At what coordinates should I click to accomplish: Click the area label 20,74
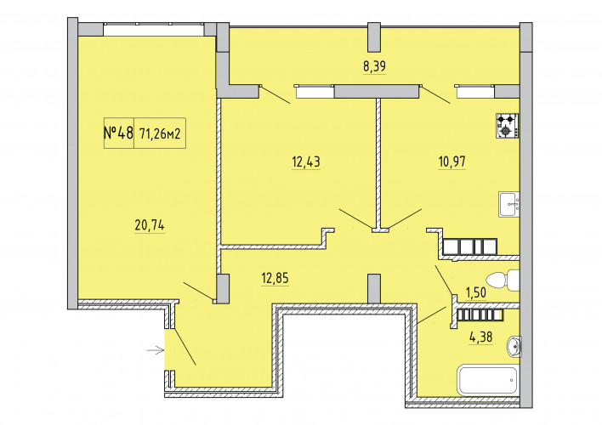click(x=150, y=225)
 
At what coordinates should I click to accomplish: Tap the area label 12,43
click(x=306, y=161)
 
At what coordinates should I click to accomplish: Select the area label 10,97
click(x=452, y=161)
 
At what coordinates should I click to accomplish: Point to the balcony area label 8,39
click(x=374, y=66)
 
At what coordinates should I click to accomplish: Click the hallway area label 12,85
click(x=275, y=278)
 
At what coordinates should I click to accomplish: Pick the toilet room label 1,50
click(x=476, y=293)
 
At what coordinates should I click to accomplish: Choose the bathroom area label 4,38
click(x=480, y=337)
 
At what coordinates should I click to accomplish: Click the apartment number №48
click(x=118, y=133)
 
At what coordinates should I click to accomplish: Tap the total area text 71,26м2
click(x=160, y=134)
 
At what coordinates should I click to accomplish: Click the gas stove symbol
click(x=507, y=126)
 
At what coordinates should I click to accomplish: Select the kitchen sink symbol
click(x=509, y=204)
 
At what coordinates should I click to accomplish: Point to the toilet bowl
click(x=503, y=280)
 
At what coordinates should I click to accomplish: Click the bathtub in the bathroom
click(x=487, y=380)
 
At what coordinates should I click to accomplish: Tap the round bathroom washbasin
click(x=514, y=346)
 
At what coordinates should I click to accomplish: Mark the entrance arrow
click(x=156, y=350)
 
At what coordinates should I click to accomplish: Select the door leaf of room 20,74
click(x=198, y=292)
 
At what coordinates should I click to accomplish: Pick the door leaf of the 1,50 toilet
click(x=444, y=280)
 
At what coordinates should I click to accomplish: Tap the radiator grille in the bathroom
click(x=480, y=315)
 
